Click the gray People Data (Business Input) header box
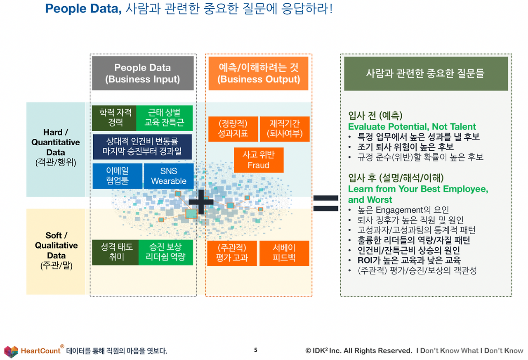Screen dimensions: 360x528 click(143, 73)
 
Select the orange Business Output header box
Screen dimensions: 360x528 click(258, 73)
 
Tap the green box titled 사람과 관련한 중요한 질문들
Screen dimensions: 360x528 click(426, 73)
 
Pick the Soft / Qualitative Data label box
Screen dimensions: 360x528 click(56, 251)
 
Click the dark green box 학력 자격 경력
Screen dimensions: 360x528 click(115, 118)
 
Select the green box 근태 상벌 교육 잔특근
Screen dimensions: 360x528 click(164, 118)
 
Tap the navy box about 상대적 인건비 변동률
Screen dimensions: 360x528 click(142, 147)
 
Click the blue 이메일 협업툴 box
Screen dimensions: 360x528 click(118, 176)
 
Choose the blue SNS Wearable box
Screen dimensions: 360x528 click(168, 176)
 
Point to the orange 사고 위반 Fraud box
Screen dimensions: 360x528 click(259, 160)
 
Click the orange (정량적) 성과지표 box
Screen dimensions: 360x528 click(233, 129)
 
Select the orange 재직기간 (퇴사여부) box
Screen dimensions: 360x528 click(285, 129)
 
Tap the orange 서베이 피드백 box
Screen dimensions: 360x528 click(284, 253)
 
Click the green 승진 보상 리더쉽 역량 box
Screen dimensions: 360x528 click(166, 252)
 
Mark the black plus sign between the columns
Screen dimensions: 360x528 click(201, 201)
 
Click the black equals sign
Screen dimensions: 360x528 click(325, 203)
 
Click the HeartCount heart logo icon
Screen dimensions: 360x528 click(11, 351)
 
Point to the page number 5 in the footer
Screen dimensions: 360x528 click(255, 350)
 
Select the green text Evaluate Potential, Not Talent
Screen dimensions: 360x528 click(412, 127)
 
